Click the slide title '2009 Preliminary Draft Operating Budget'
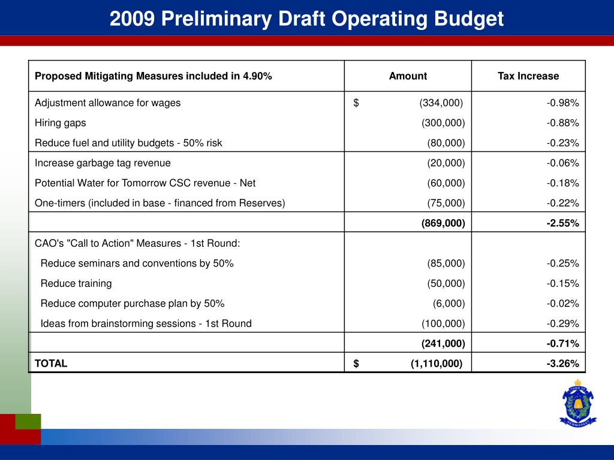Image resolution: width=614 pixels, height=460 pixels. click(306, 19)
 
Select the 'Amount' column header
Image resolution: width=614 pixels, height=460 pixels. click(408, 76)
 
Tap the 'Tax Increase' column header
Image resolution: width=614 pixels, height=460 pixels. click(528, 76)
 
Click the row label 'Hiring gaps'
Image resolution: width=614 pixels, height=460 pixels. click(60, 123)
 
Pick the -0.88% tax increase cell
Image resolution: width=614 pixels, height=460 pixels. click(562, 123)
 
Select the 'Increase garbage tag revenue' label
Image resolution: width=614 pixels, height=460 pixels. click(103, 163)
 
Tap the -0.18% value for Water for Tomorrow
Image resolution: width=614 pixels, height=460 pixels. click(562, 183)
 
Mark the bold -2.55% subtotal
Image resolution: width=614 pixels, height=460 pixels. click(562, 223)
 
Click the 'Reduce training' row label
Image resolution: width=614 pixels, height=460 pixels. click(76, 283)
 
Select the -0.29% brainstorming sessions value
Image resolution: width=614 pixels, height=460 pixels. click(562, 323)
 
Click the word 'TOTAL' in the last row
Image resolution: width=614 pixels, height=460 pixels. click(51, 364)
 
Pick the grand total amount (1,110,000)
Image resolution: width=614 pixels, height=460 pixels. click(436, 364)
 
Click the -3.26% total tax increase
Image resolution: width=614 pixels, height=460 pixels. click(562, 364)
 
